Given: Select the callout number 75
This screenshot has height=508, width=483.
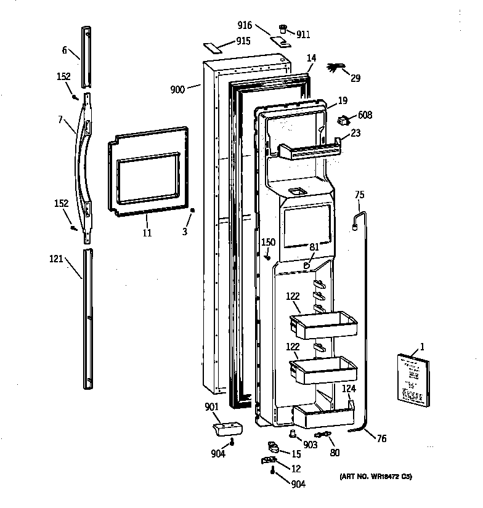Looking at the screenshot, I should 360,195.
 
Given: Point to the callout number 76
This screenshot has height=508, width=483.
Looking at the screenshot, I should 381,438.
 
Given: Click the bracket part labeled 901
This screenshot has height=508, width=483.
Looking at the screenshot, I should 227,427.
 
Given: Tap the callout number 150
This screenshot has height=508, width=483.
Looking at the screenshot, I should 268,242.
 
